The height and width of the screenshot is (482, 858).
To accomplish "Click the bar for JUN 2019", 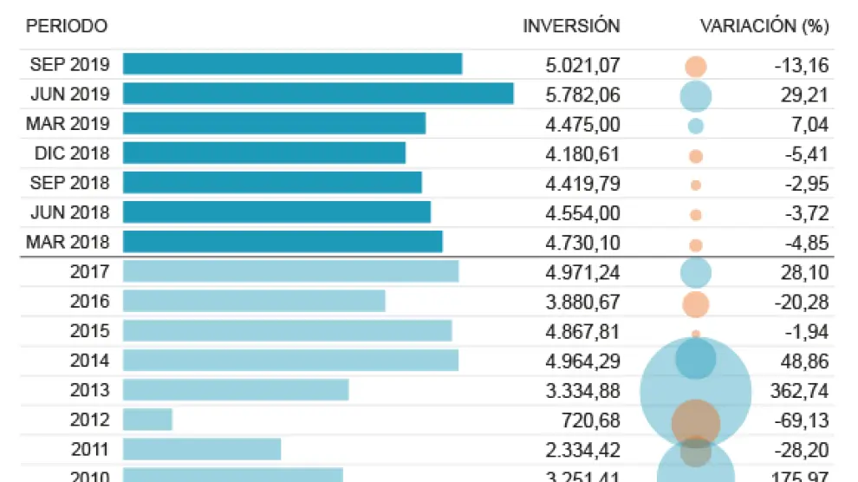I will (318, 94).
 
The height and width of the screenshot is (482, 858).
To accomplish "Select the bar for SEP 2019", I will (292, 64).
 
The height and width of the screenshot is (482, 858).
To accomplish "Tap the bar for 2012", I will (147, 420).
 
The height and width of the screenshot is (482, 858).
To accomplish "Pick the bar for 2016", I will (254, 302).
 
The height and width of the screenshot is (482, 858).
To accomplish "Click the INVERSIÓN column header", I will (571, 26).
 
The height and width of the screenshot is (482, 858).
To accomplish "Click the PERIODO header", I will (67, 26).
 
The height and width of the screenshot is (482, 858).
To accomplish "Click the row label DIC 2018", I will (72, 154).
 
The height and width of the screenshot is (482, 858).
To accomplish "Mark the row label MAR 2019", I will (68, 125).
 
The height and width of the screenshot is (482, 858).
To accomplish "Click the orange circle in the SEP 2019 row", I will (695, 67).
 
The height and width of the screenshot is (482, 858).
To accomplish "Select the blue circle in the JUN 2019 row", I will (695, 96).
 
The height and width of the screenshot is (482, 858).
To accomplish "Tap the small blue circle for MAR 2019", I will (695, 126).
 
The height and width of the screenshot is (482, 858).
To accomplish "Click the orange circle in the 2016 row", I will (695, 304).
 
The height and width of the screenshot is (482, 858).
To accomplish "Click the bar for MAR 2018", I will (283, 242).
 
